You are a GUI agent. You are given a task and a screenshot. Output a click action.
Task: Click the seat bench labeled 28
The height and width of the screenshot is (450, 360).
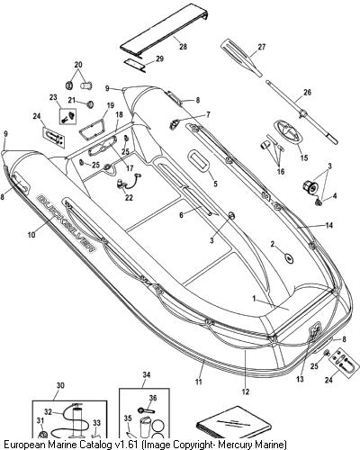click(165, 33)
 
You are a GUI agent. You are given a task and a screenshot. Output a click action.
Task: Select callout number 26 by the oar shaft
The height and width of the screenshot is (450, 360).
click(308, 93)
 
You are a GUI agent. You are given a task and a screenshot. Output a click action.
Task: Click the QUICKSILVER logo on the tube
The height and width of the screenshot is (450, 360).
click(67, 223)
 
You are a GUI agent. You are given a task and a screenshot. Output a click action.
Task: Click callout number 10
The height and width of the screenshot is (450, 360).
click(31, 235)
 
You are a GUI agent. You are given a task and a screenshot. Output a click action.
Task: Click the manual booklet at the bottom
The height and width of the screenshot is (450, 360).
click(233, 422)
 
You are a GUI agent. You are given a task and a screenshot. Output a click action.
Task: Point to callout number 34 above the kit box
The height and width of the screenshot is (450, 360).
click(147, 375)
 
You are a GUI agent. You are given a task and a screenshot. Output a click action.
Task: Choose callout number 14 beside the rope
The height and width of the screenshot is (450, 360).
click(329, 225)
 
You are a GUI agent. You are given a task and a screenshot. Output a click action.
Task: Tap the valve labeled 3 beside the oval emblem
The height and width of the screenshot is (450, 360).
click(310, 187)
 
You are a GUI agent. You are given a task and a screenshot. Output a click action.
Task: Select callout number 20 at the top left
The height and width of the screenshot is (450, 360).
click(78, 65)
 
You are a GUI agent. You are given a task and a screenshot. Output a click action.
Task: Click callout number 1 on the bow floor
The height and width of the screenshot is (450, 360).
click(255, 299)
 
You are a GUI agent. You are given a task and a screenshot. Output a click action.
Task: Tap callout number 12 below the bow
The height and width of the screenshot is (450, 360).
click(246, 391)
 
